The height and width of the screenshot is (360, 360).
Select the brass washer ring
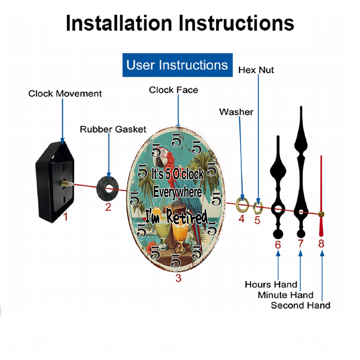pyautogui.click(x=242, y=204)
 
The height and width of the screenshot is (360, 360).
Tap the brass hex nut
pyautogui.click(x=258, y=207)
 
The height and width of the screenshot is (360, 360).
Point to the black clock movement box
pyautogui.click(x=55, y=181)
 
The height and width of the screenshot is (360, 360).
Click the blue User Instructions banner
pyautogui.click(x=177, y=65)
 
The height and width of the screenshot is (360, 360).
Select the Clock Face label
pyautogui.click(x=174, y=90)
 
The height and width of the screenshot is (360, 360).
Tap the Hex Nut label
pyautogui.click(x=256, y=70)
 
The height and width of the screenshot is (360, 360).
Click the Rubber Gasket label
pyautogui.click(x=113, y=129)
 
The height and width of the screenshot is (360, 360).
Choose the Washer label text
pyautogui.click(x=236, y=112)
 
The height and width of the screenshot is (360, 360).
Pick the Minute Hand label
pyautogui.click(x=285, y=295)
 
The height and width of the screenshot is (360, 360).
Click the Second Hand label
pyautogui.click(x=301, y=305)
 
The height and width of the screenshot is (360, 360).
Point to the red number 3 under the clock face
pyautogui.click(x=179, y=278)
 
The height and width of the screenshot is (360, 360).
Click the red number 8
pyautogui.click(x=321, y=244)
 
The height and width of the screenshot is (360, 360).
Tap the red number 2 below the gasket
pyautogui.click(x=108, y=207)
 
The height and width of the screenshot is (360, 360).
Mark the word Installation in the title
pyautogui.click(x=119, y=23)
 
